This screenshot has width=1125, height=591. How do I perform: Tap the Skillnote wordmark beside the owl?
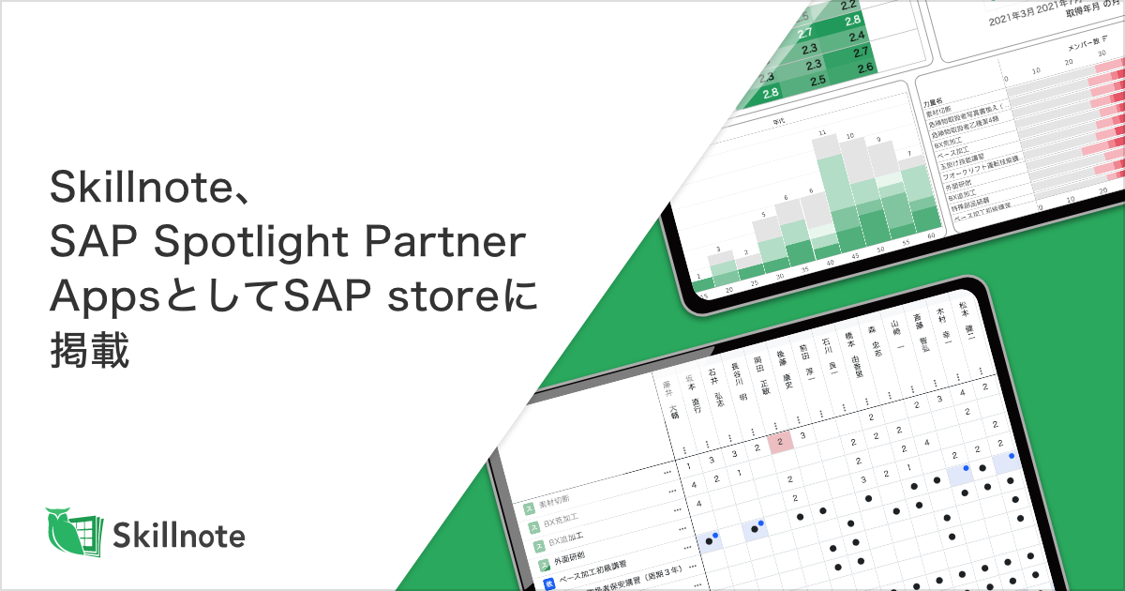pyautogui.click(x=179, y=536)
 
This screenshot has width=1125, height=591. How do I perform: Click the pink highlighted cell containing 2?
pyautogui.click(x=781, y=441)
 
